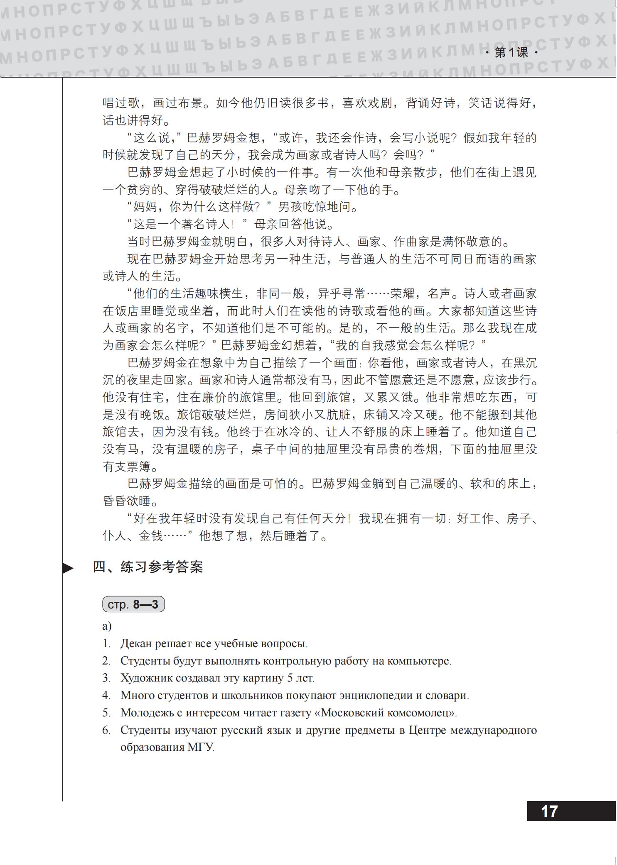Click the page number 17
coord(549,811)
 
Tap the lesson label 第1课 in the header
coord(511,53)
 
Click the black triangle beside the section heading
coord(68,568)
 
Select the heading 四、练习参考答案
coord(147,567)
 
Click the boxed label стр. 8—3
coord(133,604)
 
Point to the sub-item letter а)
coord(107,626)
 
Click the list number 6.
coord(106,731)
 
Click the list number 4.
coord(106,696)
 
